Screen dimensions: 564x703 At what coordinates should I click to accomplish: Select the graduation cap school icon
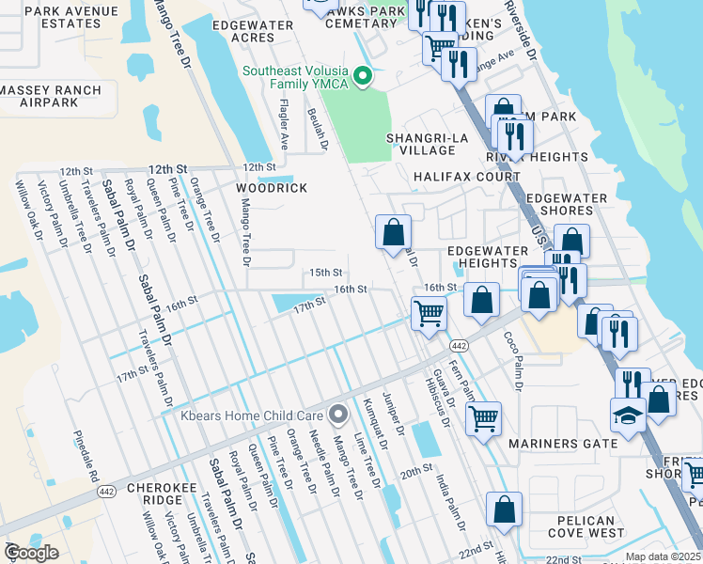627,415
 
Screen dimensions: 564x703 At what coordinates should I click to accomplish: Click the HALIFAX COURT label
467,177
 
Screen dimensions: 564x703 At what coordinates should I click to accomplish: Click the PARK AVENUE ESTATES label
64,17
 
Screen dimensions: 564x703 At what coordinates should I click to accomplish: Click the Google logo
30,552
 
